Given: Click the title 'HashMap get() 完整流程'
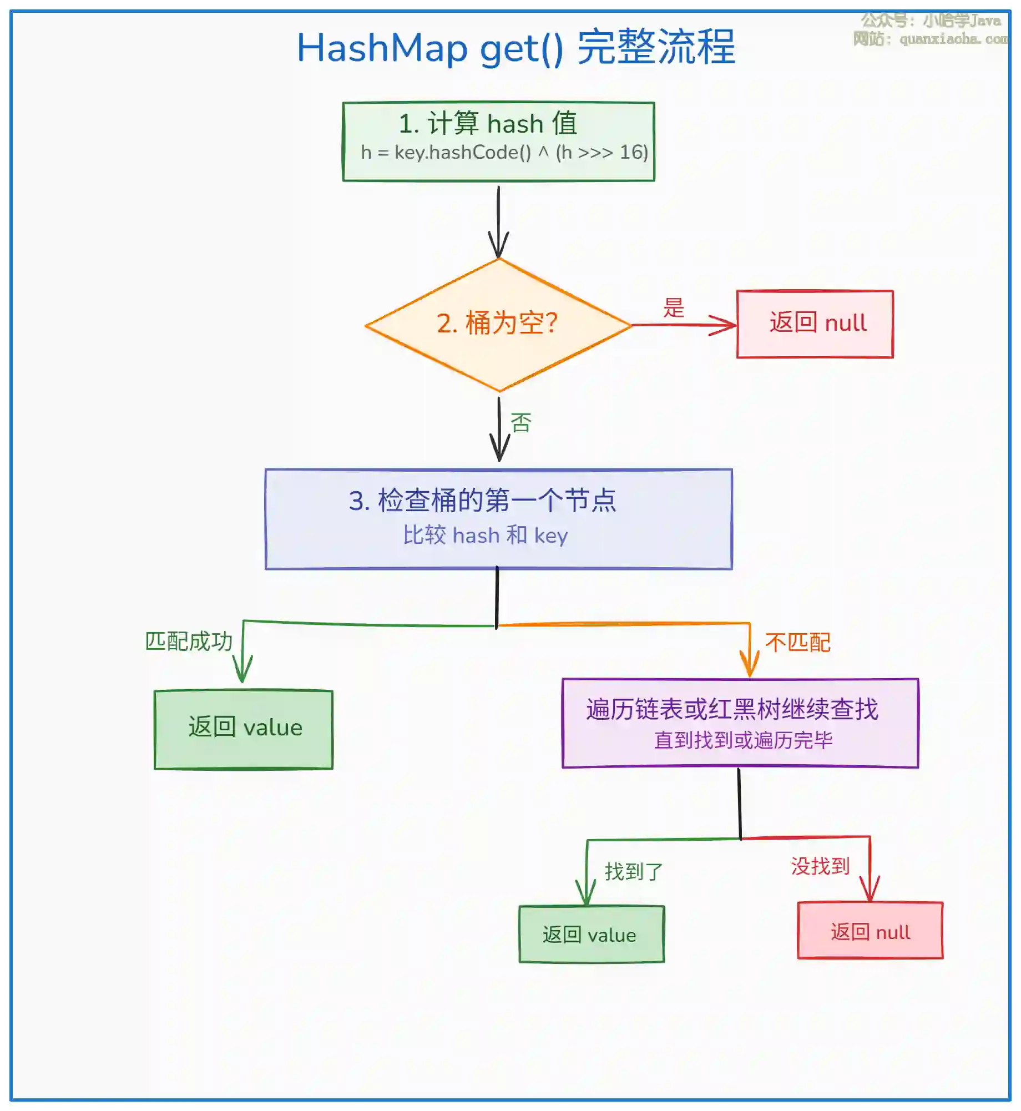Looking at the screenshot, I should click(515, 48).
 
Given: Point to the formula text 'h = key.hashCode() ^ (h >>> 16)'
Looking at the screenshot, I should click(504, 152).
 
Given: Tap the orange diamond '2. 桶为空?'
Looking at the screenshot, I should click(498, 324).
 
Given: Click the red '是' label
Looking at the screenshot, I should click(674, 307).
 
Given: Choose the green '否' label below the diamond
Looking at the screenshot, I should click(520, 423).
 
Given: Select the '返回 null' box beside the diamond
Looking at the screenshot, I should click(815, 324).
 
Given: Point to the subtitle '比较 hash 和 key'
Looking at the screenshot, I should click(485, 536).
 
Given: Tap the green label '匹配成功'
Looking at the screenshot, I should click(189, 641).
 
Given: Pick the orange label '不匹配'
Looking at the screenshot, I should click(797, 642).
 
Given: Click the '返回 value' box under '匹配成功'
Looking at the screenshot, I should click(244, 729).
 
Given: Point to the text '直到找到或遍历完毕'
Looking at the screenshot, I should click(743, 740).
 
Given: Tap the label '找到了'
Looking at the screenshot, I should click(633, 871).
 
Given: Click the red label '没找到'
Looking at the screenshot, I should click(820, 865).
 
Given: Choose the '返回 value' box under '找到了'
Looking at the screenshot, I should click(592, 935).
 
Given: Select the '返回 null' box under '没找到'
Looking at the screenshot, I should click(870, 932).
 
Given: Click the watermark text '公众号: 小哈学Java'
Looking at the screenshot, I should click(931, 21).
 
